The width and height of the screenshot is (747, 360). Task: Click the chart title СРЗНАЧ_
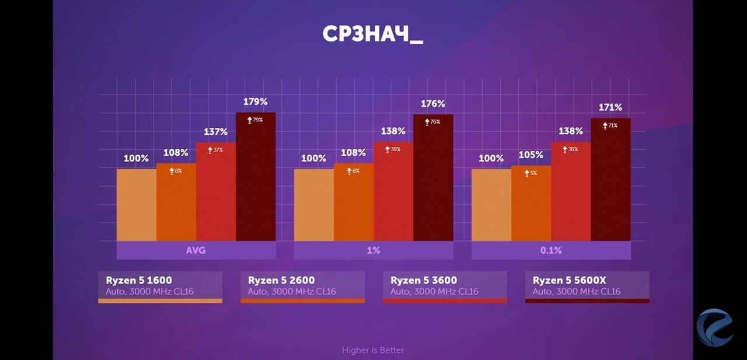[372, 34]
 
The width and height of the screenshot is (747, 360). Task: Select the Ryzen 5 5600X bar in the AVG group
[256, 181]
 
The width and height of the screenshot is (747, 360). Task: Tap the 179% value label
[256, 102]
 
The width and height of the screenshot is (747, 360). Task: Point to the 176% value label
[433, 104]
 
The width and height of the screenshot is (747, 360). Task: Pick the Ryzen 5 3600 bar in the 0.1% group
[571, 193]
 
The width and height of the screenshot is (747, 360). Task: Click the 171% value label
[610, 107]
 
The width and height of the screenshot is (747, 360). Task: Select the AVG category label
[196, 250]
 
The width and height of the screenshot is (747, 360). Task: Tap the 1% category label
[373, 250]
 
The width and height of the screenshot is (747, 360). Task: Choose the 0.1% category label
[551, 250]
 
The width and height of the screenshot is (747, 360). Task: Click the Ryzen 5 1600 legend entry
[160, 286]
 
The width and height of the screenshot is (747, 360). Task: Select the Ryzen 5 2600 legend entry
[302, 286]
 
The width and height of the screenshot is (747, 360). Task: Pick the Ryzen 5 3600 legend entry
[445, 286]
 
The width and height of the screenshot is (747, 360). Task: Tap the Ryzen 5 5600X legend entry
[587, 286]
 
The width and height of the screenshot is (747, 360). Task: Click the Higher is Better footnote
[373, 350]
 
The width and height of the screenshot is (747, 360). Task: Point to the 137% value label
[216, 132]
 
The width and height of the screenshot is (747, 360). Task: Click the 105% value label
[531, 155]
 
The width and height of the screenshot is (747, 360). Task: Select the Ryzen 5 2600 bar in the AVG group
[176, 204]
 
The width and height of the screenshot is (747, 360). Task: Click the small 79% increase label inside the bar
[255, 120]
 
